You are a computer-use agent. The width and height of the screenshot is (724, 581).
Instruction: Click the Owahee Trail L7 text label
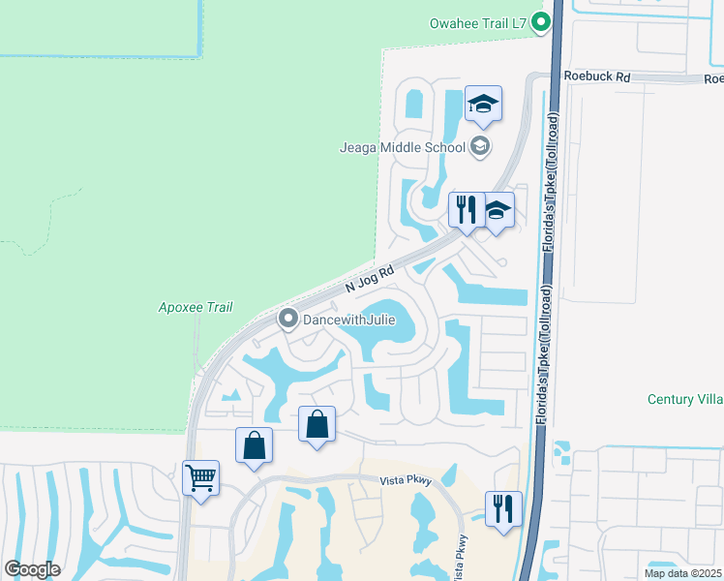pos(478,22)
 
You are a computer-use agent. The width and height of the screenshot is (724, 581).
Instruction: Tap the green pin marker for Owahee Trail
pos(543,21)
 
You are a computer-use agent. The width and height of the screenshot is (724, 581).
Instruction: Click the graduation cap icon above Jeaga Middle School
pos(483,104)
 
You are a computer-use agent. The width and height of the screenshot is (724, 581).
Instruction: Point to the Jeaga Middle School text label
pos(403,147)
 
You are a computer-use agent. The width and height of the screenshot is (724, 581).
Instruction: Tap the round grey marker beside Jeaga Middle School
pos(479,147)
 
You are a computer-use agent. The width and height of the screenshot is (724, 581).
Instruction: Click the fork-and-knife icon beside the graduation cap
pos(466,208)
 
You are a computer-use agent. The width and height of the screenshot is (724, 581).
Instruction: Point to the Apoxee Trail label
pos(196,307)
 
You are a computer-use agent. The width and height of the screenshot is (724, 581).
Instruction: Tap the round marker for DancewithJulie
pos(287,318)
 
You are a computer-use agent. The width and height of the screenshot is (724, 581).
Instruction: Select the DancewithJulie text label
pos(348,319)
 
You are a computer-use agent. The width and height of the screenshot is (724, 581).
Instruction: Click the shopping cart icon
pos(200,476)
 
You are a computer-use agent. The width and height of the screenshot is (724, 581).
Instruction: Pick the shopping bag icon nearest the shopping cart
pos(255,445)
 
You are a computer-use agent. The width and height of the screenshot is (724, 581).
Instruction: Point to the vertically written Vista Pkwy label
pos(463,557)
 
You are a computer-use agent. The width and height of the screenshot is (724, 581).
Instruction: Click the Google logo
pos(33,569)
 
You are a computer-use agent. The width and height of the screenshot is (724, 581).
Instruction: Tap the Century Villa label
pos(684,399)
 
